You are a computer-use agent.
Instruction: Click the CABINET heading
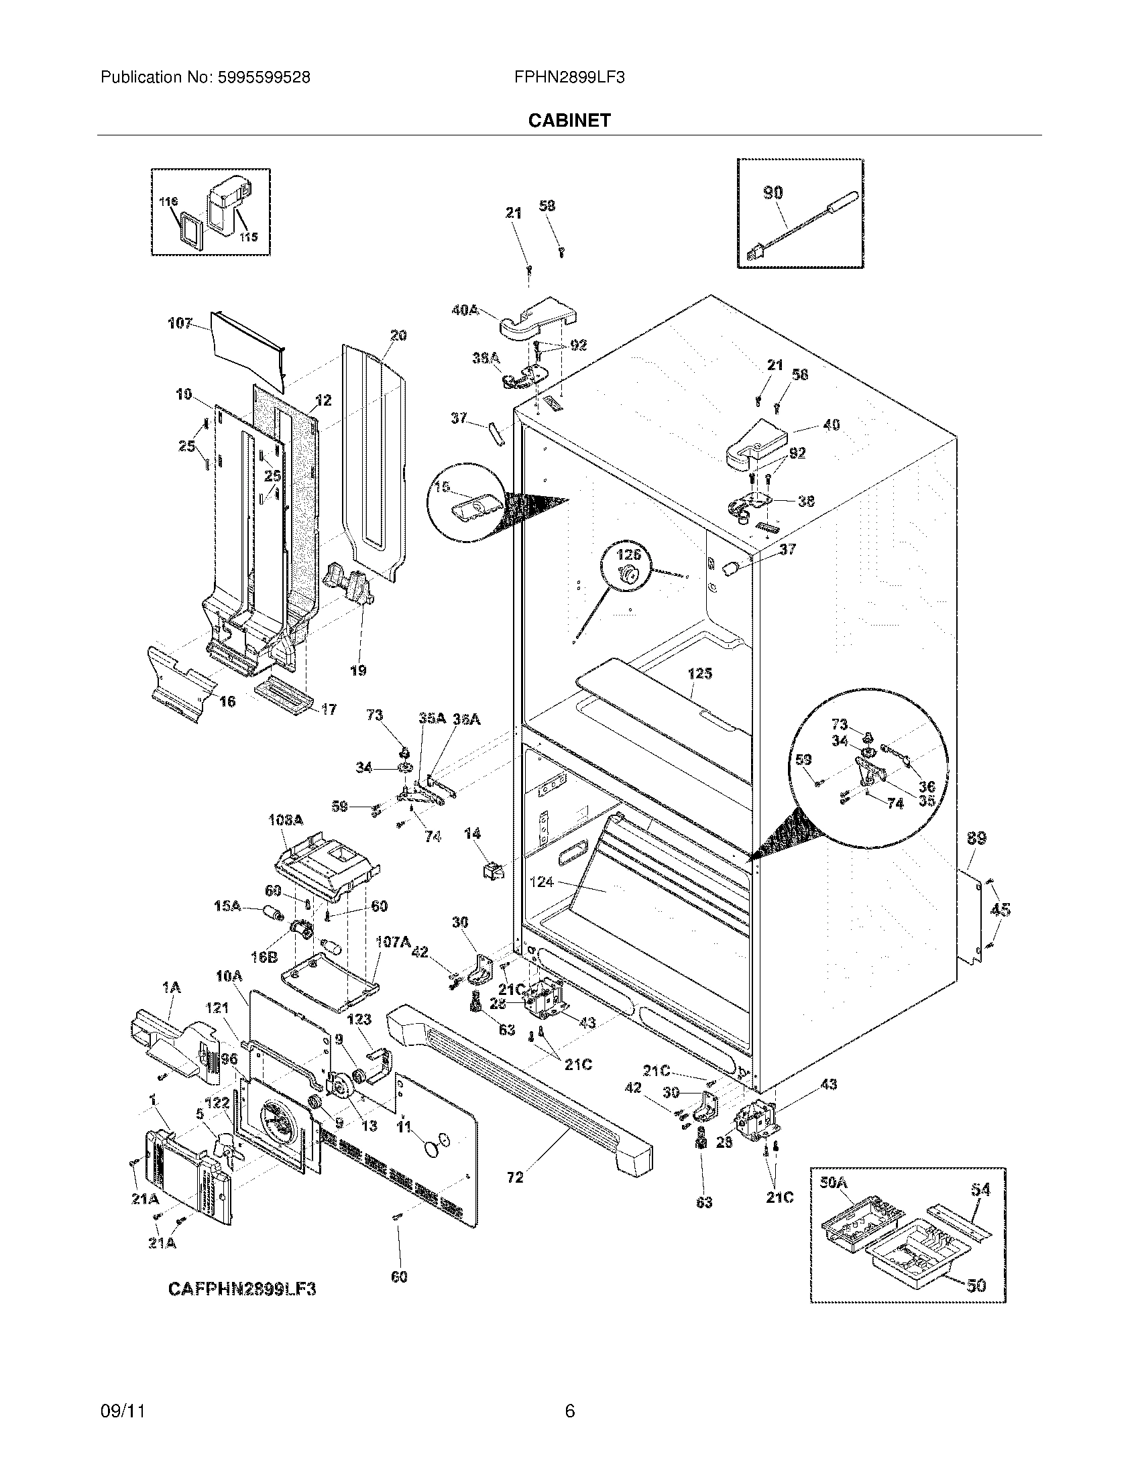click(x=569, y=120)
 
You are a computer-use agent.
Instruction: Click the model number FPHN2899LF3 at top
click(x=569, y=77)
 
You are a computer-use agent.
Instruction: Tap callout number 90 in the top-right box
click(x=773, y=192)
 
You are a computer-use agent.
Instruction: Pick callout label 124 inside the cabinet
click(x=542, y=882)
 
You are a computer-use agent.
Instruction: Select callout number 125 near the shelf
click(x=699, y=673)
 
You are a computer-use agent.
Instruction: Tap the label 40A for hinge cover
click(x=465, y=310)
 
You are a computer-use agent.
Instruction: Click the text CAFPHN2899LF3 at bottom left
click(x=242, y=1289)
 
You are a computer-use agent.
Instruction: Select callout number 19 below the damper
click(x=358, y=670)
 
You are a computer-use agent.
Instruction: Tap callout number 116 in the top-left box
click(x=169, y=202)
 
